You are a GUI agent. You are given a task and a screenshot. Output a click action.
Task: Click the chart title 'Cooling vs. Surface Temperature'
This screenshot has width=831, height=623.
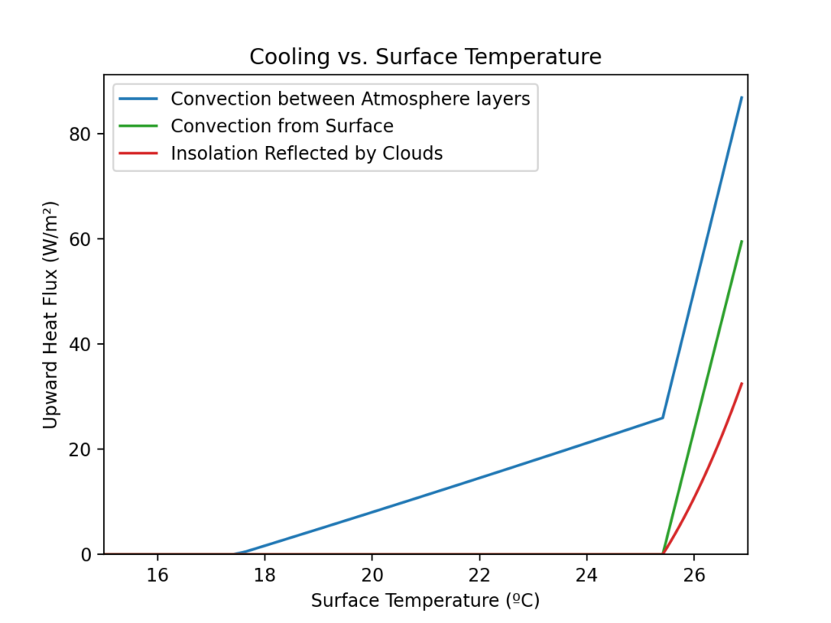click(x=425, y=58)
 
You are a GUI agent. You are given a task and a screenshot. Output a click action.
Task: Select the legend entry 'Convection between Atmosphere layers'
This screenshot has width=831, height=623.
click(x=350, y=99)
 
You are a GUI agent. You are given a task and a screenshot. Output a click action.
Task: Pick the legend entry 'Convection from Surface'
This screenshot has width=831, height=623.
click(x=282, y=126)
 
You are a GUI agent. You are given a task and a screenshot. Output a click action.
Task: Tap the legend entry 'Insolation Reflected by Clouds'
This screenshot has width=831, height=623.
click(x=307, y=153)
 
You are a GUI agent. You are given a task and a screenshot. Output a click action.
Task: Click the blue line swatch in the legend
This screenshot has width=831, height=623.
click(x=139, y=99)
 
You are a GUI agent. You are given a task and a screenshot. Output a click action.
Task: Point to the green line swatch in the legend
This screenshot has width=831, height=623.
click(x=139, y=126)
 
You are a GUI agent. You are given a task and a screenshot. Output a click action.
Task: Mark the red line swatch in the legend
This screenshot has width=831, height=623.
click(x=139, y=153)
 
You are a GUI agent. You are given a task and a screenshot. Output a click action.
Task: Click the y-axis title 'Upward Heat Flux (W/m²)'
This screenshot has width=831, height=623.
click(x=50, y=316)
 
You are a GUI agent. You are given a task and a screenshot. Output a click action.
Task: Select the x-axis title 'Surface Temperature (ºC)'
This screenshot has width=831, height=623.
click(x=425, y=601)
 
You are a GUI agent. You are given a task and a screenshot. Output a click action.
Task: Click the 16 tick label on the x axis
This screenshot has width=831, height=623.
click(x=157, y=574)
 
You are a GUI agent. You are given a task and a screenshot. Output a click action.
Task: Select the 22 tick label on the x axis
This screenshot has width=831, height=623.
click(x=480, y=574)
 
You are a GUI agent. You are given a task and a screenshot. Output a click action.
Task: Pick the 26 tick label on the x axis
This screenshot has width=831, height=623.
click(x=694, y=574)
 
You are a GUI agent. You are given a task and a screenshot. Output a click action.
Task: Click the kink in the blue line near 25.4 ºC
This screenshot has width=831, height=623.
click(x=663, y=418)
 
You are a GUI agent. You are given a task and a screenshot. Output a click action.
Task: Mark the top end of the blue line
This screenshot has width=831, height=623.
click(x=742, y=97)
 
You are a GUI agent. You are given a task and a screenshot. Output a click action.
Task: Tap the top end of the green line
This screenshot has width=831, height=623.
click(x=742, y=241)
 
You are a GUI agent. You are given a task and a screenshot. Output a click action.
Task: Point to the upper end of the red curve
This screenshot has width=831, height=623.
click(x=742, y=383)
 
